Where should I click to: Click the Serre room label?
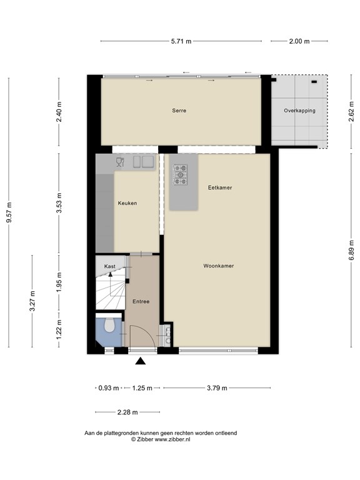(179, 111)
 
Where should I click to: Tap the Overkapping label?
(299, 111)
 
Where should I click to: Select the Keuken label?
(127, 203)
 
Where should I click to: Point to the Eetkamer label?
(220, 187)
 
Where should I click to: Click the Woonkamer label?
(219, 266)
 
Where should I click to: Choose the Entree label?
(141, 301)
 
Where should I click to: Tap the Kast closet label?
(109, 266)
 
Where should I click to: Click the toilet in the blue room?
(109, 325)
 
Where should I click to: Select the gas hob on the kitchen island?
(180, 175)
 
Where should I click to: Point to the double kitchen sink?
(143, 162)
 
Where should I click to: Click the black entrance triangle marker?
(141, 361)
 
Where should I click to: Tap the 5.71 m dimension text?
(181, 41)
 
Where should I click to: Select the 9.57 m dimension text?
(9, 212)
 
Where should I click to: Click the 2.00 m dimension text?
(299, 41)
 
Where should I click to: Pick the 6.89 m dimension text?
(351, 249)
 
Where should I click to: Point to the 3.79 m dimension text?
(217, 388)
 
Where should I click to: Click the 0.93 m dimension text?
(109, 388)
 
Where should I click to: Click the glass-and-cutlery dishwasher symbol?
(120, 162)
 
